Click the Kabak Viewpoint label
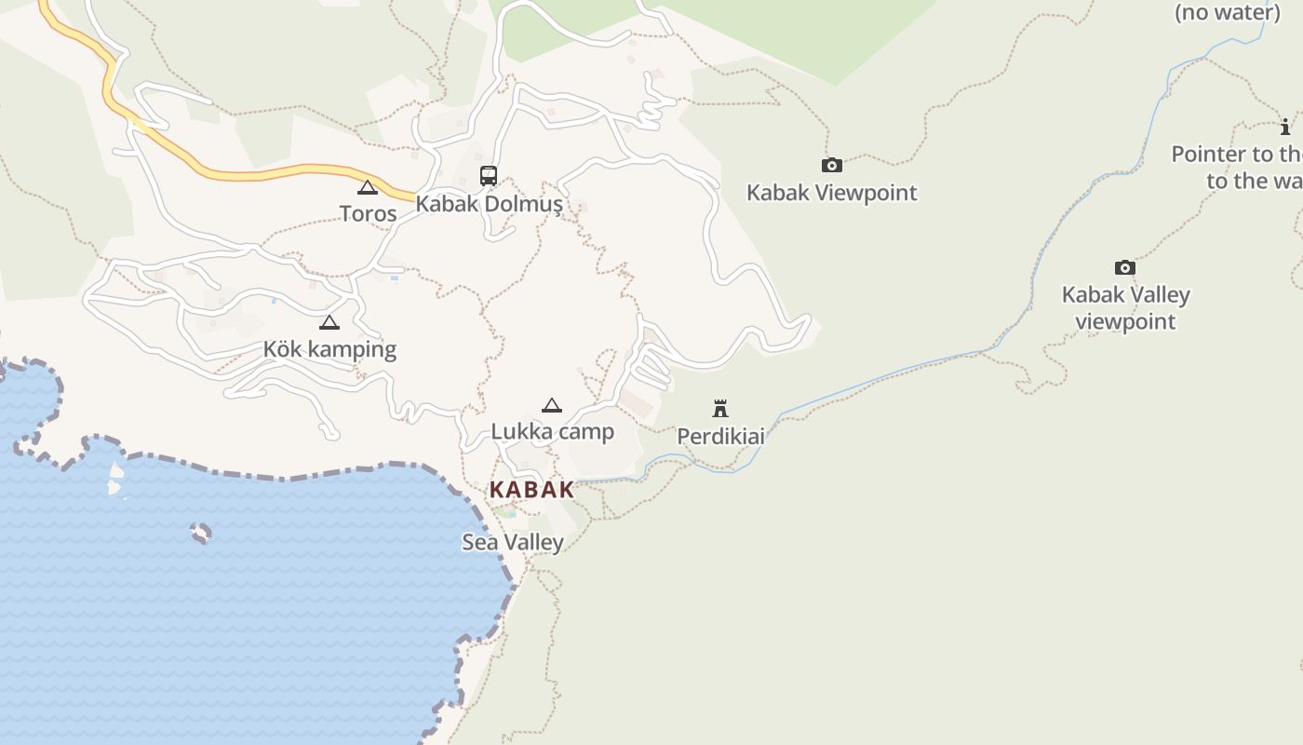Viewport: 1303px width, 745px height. pyautogui.click(x=831, y=193)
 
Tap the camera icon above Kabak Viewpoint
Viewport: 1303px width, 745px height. pyautogui.click(x=832, y=166)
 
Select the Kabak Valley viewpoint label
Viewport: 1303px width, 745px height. pyautogui.click(x=1125, y=308)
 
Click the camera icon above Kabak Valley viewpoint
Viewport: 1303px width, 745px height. pyautogui.click(x=1125, y=268)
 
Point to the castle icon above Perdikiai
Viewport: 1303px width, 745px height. pyautogui.click(x=719, y=408)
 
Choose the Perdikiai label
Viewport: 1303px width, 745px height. pyautogui.click(x=720, y=436)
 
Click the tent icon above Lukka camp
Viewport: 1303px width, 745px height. pyautogui.click(x=552, y=405)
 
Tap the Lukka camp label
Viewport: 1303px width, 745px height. pyautogui.click(x=552, y=431)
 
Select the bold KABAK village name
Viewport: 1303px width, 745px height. pyautogui.click(x=531, y=490)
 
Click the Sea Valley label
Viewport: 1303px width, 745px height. pyautogui.click(x=513, y=542)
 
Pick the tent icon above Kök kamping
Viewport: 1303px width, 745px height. pyautogui.click(x=329, y=322)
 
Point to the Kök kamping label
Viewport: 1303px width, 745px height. pyautogui.click(x=329, y=349)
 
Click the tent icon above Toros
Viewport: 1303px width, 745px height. pyautogui.click(x=368, y=187)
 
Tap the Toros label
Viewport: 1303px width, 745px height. pyautogui.click(x=368, y=213)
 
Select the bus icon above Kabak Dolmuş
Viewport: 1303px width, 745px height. pyautogui.click(x=488, y=175)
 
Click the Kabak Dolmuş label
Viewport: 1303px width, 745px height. pyautogui.click(x=489, y=203)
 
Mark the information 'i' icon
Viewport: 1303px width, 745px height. pyautogui.click(x=1285, y=127)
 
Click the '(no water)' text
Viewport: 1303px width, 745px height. pyautogui.click(x=1227, y=12)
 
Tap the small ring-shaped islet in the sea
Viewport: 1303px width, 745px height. pyautogui.click(x=200, y=533)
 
